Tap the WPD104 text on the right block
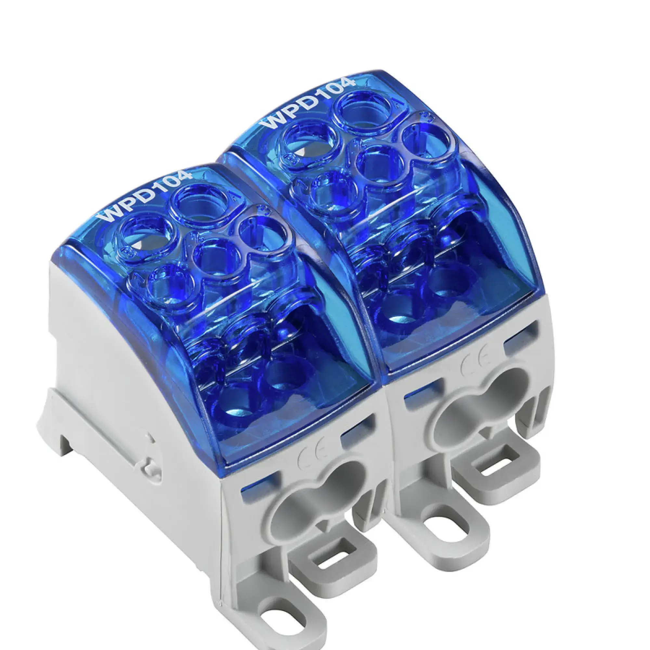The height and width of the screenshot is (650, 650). (x=308, y=103)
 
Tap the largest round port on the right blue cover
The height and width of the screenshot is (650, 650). (x=365, y=111)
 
